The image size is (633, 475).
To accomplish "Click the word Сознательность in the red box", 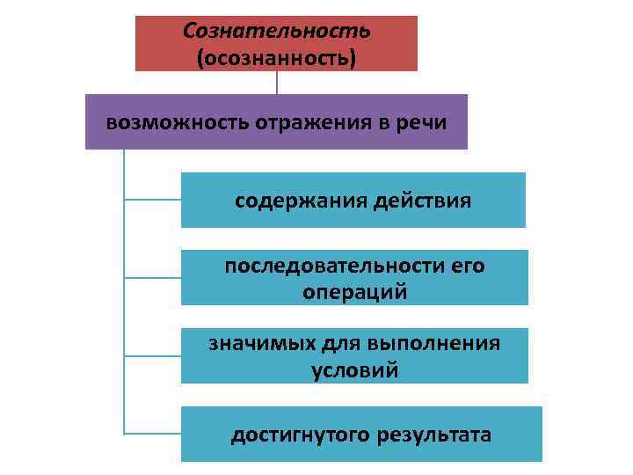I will point(276,31).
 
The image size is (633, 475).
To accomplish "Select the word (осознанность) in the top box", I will point(276,58).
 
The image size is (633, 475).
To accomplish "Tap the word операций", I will point(354,292).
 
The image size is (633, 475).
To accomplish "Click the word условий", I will point(354,370).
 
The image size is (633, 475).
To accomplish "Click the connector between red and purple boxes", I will point(277,82).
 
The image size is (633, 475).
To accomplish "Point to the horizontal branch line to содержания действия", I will point(152,200).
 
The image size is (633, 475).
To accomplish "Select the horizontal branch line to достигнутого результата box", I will point(152,433).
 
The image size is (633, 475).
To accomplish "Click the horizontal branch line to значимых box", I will point(152,355).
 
